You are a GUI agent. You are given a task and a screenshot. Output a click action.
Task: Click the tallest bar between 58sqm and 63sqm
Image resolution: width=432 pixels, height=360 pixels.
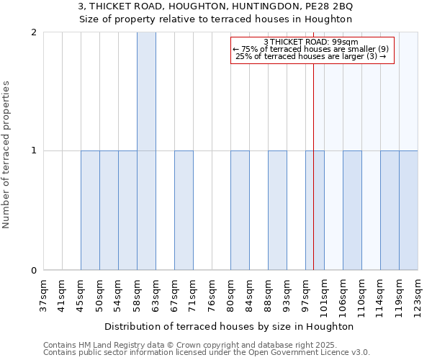click(146, 151)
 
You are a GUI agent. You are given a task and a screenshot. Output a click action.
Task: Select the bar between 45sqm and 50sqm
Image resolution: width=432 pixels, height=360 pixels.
click(90, 210)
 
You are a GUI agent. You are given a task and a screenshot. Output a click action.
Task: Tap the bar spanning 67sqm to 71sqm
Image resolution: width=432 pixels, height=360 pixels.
click(184, 210)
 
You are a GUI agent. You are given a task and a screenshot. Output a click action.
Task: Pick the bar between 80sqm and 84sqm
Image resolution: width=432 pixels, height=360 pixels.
click(240, 210)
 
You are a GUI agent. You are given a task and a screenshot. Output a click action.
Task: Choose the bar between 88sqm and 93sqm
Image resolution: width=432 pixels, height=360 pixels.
click(277, 210)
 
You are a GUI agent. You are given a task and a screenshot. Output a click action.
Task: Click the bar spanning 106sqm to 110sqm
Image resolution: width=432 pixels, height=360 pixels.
click(352, 210)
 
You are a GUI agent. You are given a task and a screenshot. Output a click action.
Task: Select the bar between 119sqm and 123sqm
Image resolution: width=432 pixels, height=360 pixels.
click(408, 210)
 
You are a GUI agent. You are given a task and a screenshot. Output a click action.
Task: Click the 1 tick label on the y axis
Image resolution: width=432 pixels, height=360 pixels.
click(34, 151)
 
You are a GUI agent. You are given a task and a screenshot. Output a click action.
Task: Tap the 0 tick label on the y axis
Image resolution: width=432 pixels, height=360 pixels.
click(34, 271)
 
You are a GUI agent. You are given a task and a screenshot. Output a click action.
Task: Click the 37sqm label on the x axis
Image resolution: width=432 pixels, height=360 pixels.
click(43, 296)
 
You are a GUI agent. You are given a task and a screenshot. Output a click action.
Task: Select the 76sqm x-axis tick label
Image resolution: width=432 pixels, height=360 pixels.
click(212, 296)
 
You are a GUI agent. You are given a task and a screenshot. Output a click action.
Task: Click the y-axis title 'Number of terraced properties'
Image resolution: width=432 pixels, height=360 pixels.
click(6, 155)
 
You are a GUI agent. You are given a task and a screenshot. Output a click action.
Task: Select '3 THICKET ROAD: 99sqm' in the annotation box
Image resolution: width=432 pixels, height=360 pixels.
click(312, 42)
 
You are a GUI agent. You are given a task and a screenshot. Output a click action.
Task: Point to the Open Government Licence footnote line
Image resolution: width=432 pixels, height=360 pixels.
click(207, 353)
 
